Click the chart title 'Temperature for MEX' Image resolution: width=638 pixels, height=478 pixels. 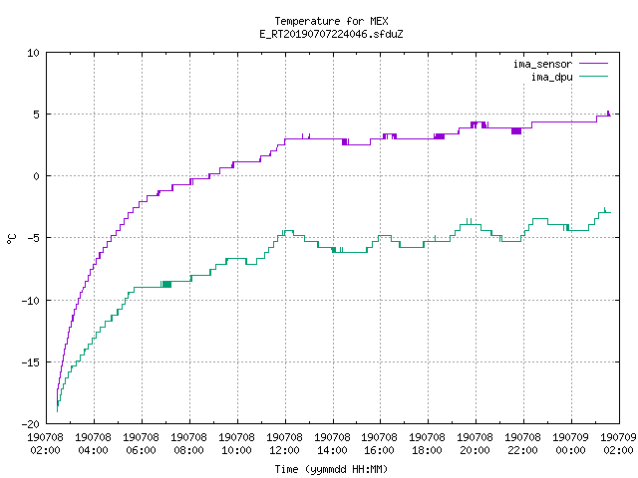pos(331,21)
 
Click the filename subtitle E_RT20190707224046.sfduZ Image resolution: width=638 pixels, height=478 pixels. pos(331,34)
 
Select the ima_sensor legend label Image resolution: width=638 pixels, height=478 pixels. pos(542,64)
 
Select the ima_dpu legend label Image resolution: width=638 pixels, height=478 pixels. pos(551,77)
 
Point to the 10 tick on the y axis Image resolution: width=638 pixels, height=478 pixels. pos(33,53)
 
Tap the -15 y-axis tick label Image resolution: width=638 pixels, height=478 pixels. pos(31,362)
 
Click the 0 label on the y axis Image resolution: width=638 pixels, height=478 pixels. pos(37,176)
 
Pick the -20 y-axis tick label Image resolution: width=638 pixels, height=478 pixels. pos(31,424)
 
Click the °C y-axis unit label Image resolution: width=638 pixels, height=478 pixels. pos(12,239)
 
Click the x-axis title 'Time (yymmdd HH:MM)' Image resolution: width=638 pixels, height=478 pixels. pos(331,469)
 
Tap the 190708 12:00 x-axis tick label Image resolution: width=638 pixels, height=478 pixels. pos(284,444)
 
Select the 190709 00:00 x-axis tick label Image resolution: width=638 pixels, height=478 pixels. pos(570,444)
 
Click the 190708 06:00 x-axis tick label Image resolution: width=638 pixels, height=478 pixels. pos(141,444)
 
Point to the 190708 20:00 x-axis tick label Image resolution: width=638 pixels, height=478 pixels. pos(475,444)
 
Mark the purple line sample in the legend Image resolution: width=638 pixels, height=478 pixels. pos(594,64)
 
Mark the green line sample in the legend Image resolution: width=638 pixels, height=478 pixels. pos(594,76)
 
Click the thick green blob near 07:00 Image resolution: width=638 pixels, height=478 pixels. pos(166,284)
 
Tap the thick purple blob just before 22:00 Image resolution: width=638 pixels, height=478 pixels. pos(516,130)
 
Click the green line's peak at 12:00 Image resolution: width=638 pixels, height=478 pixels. pos(288,231)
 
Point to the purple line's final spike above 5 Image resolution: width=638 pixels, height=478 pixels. pos(608,113)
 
